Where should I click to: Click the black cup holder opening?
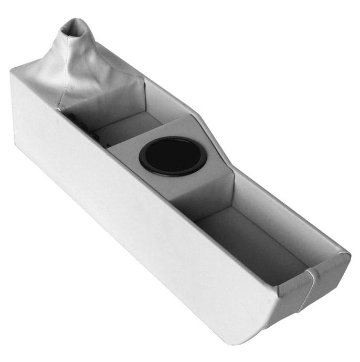point(173,155)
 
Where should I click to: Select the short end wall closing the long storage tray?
point(294,286)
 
